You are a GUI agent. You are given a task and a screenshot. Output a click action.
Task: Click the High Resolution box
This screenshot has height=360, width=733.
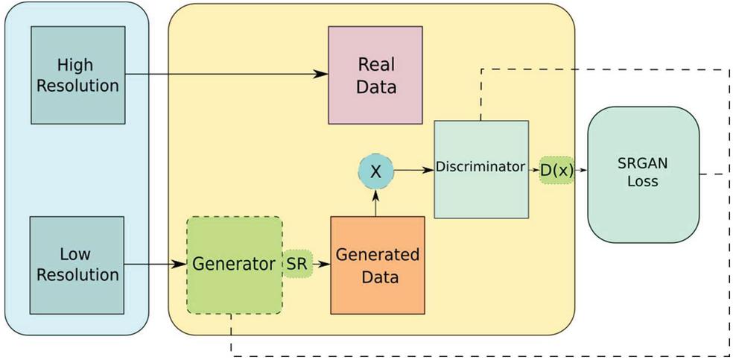tap(77, 75)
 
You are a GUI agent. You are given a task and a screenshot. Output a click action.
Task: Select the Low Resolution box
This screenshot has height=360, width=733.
tap(77, 265)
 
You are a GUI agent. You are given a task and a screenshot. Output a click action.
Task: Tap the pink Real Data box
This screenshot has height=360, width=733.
tap(375, 75)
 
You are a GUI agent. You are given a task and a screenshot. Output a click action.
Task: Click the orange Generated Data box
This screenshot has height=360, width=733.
tap(377, 265)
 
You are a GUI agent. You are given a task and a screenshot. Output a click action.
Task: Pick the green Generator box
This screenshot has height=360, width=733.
tap(234, 265)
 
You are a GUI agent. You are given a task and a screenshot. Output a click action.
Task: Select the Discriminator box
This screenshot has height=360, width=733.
tap(480, 168)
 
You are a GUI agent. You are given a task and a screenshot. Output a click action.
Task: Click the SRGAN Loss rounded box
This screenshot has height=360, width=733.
tap(643, 174)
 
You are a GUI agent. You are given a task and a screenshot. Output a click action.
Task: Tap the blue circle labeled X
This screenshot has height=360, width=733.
tap(375, 171)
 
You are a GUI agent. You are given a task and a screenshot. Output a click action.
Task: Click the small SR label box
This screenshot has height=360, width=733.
tap(297, 264)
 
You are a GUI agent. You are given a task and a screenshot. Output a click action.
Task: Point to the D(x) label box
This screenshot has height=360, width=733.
tap(556, 170)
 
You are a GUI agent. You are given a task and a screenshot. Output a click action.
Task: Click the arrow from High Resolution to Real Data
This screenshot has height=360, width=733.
tap(223, 75)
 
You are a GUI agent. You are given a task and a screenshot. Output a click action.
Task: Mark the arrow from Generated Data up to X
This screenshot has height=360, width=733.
tap(375, 202)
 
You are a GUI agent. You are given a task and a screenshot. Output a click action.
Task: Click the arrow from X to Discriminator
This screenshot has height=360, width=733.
tap(413, 171)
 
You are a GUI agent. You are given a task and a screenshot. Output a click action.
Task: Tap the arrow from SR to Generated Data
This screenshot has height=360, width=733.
tap(321, 264)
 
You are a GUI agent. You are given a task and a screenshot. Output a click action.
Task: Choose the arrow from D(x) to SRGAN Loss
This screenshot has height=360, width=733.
tap(581, 170)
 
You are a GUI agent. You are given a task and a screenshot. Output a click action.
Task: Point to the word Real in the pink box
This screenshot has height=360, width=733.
tap(376, 64)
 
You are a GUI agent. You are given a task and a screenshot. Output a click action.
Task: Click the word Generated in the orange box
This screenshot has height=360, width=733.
tap(377, 255)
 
